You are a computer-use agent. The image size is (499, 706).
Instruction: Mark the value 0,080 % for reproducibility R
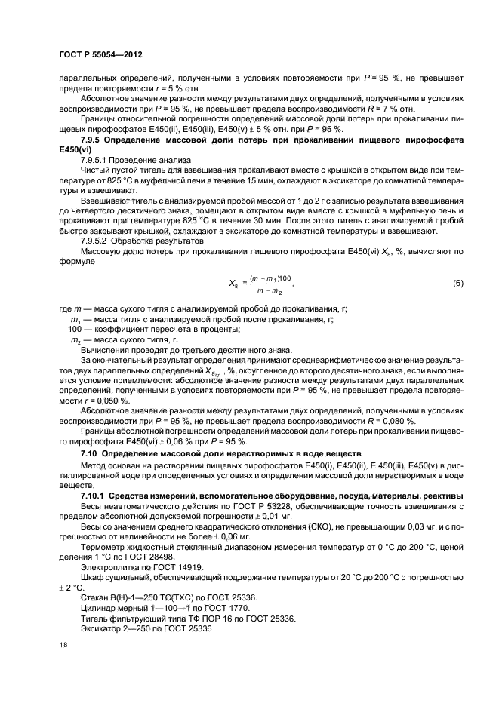coord(392,420)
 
